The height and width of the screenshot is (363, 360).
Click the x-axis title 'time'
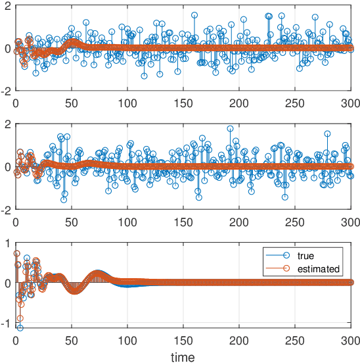point(183,356)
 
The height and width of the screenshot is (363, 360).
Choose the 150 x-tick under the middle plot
point(183,221)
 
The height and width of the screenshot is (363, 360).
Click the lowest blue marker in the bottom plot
point(20,327)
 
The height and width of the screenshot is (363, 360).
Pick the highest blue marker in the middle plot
point(230,129)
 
